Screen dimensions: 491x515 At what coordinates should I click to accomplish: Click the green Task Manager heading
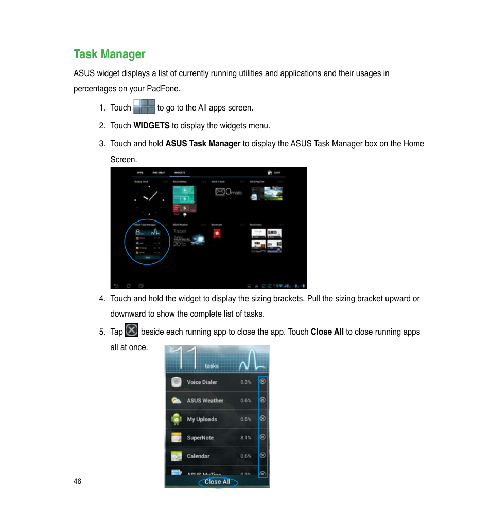coord(109,54)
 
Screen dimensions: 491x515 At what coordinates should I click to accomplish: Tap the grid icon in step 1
coord(144,107)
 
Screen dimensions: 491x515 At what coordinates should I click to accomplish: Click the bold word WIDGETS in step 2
coord(151,125)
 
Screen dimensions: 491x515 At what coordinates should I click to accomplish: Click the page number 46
coord(77,481)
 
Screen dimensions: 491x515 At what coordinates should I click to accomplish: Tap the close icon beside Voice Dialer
coord(262,381)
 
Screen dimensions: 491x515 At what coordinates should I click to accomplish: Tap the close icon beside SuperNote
coord(262,437)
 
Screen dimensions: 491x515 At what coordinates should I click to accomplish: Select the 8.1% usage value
coord(246,438)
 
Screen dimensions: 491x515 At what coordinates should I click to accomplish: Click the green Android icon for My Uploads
coord(177,419)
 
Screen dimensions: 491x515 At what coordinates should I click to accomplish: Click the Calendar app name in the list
coord(198,456)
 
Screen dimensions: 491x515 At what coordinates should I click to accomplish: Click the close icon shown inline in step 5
coord(132,330)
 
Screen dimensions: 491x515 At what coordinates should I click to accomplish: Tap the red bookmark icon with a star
coord(217,234)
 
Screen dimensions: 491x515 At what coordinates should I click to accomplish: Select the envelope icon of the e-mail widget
coord(220,192)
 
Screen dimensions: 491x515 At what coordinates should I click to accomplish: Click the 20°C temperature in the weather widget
coord(179,244)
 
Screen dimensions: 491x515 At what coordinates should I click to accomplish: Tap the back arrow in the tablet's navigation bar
coord(116,285)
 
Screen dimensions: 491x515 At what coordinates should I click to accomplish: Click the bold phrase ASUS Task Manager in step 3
coord(203,144)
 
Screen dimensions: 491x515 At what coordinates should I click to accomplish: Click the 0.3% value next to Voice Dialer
coord(246,382)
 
